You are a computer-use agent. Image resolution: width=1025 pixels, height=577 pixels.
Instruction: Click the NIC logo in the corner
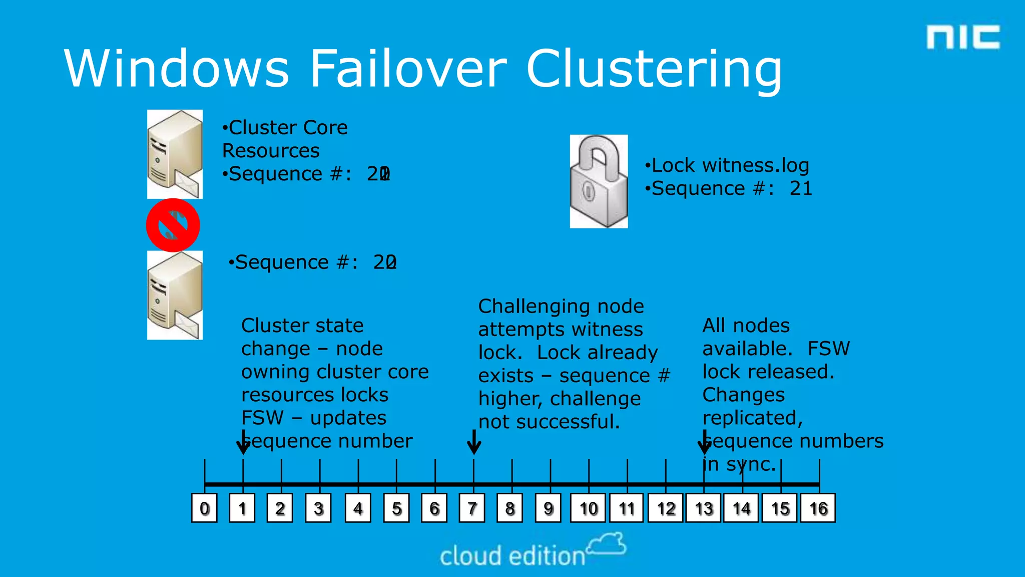point(962,38)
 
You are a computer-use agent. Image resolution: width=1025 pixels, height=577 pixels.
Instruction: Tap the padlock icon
point(599,181)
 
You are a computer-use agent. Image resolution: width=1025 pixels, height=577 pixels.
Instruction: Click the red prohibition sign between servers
point(173,225)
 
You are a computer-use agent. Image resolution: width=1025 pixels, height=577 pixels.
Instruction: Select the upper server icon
point(175,154)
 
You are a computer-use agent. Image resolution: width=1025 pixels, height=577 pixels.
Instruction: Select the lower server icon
point(175,296)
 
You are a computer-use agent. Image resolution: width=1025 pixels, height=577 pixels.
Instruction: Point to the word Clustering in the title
point(654,70)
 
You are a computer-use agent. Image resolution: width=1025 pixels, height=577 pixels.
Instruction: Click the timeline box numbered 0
point(204,508)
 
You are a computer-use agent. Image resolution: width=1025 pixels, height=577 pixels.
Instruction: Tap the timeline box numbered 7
point(472,508)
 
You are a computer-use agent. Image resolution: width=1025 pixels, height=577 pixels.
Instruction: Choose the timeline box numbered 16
point(818,508)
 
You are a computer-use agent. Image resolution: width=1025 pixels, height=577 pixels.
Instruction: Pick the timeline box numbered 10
point(589,508)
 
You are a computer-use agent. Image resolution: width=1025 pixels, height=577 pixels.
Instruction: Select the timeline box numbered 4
point(358,508)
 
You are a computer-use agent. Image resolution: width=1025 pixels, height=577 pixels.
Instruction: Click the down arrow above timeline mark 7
point(474,442)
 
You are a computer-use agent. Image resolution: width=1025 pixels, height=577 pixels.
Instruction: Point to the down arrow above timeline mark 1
point(243,442)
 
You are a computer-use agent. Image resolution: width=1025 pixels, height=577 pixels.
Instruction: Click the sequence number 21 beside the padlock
point(801,189)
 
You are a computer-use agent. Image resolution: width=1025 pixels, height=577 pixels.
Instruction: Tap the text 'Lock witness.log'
point(730,165)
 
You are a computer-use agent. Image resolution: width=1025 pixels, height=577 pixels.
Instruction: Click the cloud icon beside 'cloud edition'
point(607,544)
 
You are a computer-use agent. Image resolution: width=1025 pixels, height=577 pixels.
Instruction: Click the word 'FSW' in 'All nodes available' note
point(828,349)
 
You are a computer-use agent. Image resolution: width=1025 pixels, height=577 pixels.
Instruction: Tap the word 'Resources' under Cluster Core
point(271,151)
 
